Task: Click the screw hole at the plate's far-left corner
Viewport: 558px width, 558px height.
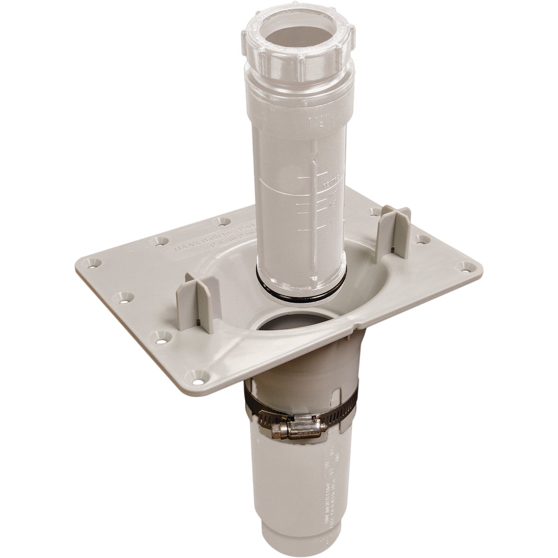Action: coord(88,265)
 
